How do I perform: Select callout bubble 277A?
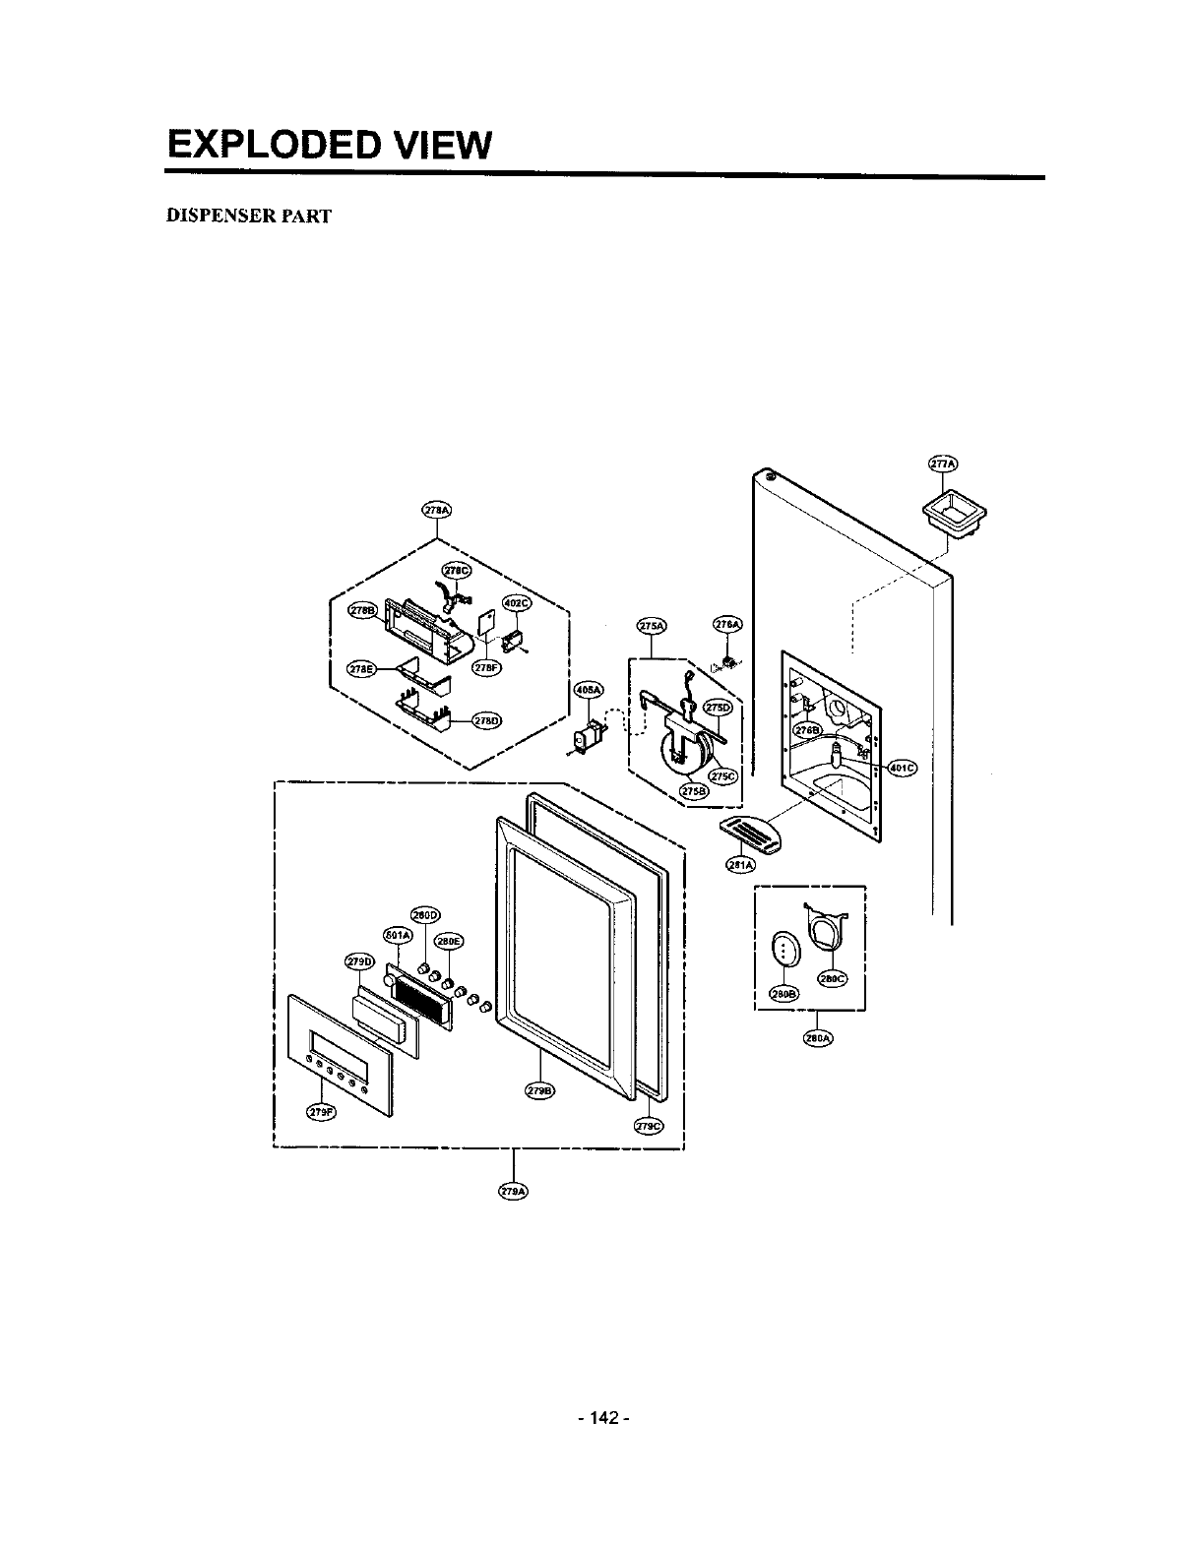[x=944, y=464]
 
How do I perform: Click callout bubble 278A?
[x=436, y=510]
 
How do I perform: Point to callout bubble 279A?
[x=514, y=1191]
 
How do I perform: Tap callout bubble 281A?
[x=739, y=865]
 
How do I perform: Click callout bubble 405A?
[x=588, y=690]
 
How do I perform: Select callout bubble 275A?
[x=652, y=626]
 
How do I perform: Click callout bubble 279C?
[x=650, y=1126]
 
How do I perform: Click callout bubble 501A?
[x=397, y=934]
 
